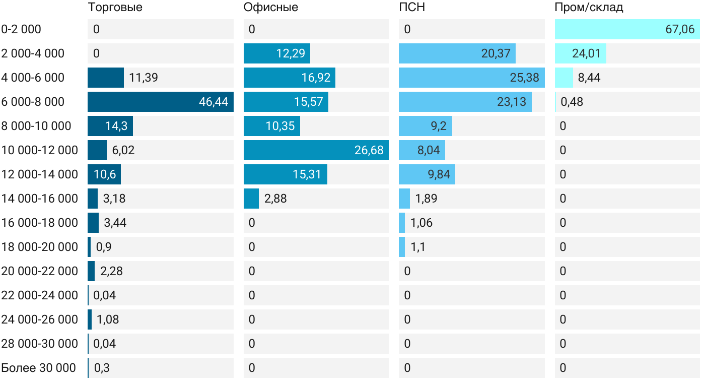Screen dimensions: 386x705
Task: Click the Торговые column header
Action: (115, 7)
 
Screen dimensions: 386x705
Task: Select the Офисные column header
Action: (270, 7)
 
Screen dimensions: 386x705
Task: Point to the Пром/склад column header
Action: (589, 7)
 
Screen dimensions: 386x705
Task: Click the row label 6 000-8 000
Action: (33, 102)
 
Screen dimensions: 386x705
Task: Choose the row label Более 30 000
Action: (38, 368)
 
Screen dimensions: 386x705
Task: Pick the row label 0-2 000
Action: (21, 29)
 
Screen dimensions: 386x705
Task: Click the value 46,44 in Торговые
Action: (214, 102)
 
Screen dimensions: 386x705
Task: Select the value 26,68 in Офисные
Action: (369, 150)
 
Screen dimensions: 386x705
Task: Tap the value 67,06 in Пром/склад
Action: (680, 29)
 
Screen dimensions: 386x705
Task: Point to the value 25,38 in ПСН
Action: (524, 78)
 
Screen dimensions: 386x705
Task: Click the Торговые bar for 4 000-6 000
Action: (106, 78)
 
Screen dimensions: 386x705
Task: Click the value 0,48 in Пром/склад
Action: (572, 102)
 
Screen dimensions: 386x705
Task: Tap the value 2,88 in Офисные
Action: (275, 199)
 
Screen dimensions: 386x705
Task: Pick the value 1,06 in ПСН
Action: (421, 223)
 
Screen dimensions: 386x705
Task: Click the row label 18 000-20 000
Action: (40, 247)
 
